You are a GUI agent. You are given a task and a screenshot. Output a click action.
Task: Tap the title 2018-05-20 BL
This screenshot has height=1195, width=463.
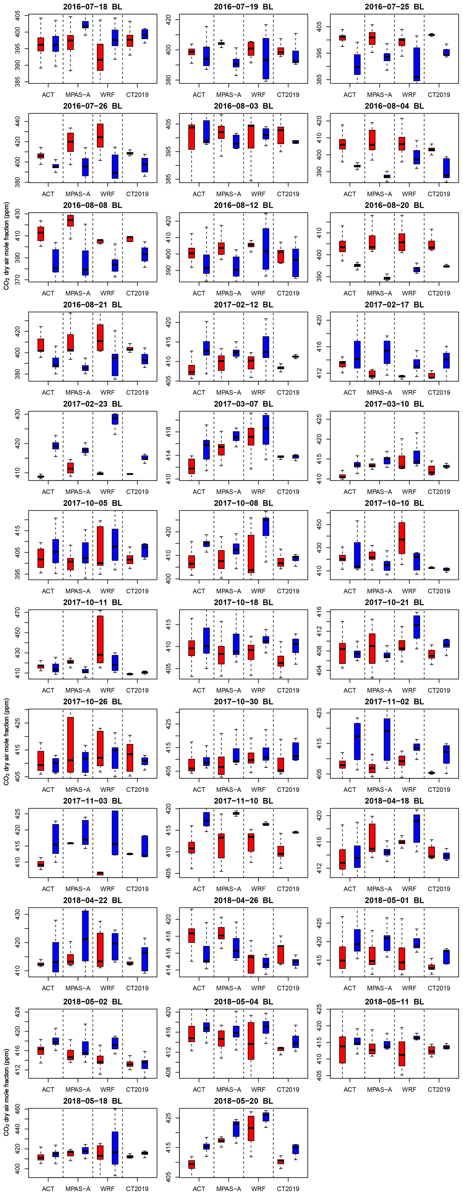click(x=243, y=1101)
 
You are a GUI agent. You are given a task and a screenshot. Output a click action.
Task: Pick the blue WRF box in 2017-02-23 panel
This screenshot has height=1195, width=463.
click(x=115, y=419)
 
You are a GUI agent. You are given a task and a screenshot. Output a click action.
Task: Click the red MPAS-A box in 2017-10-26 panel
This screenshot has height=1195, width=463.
click(x=70, y=744)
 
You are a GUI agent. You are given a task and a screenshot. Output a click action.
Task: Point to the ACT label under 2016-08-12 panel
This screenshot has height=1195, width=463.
click(x=199, y=293)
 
